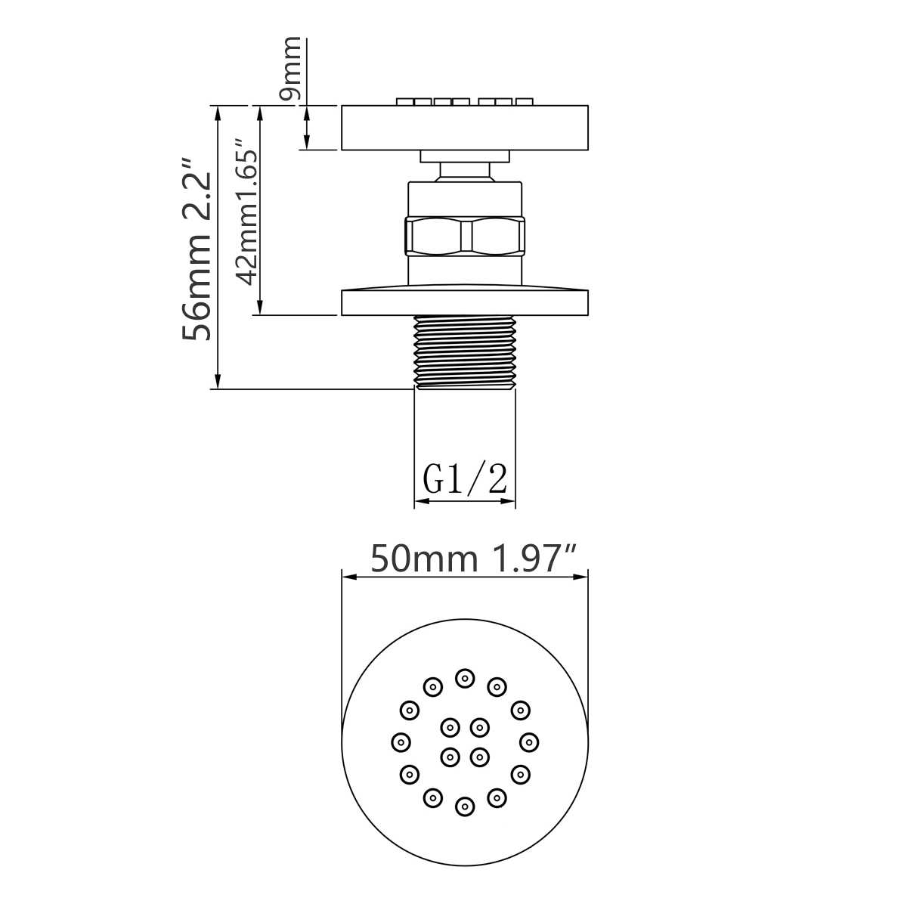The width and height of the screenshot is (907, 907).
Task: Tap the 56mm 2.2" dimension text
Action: point(197,249)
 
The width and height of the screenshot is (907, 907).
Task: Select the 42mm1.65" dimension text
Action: point(246,212)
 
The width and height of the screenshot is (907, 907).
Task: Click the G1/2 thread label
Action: point(465,479)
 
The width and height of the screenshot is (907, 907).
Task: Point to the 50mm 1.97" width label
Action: point(474,559)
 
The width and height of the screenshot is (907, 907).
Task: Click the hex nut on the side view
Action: point(465,236)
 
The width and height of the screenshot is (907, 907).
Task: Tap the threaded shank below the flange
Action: point(465,352)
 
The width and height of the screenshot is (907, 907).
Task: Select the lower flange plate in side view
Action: point(465,302)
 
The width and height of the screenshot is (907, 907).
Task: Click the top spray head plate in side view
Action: point(465,128)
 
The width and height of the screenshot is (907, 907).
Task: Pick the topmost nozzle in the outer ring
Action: point(465,678)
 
